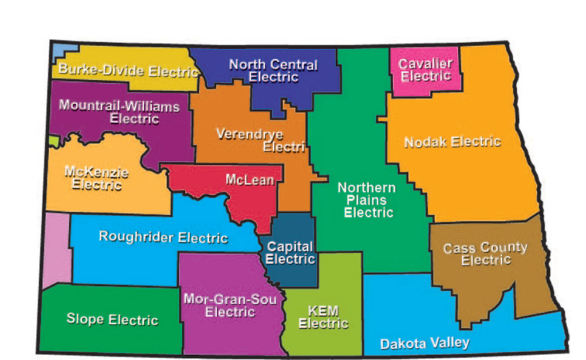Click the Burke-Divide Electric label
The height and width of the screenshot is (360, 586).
[x=128, y=72]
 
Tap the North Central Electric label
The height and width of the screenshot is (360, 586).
[x=273, y=71]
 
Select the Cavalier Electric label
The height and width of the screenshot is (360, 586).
[x=425, y=70]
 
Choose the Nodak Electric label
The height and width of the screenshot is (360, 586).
[x=452, y=142]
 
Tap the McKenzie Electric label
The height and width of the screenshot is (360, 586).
[x=97, y=178]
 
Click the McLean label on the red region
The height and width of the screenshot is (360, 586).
[x=250, y=179]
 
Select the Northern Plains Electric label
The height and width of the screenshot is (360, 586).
[x=367, y=200]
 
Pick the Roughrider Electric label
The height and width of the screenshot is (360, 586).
[x=163, y=237]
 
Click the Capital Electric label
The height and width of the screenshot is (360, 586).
[x=290, y=253]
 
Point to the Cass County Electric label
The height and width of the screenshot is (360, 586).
[x=485, y=254]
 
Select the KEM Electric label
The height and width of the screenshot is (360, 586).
[x=323, y=317]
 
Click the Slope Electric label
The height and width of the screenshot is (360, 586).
[x=112, y=320]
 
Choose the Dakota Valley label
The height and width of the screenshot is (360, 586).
[x=425, y=343]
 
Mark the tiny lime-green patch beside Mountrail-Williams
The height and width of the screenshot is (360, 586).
[x=54, y=141]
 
